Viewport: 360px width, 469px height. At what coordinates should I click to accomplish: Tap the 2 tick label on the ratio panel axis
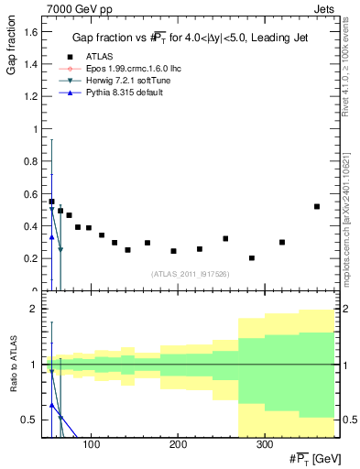tap(32, 309)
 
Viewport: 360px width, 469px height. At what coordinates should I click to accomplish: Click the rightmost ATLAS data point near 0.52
tap(317, 206)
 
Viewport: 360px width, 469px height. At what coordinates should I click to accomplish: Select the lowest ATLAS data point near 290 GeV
tap(252, 258)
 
